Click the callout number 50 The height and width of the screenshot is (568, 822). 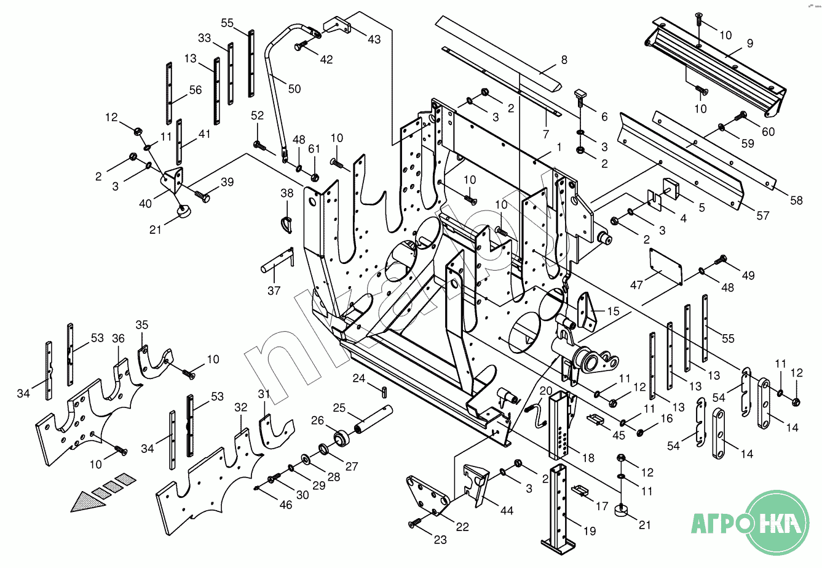point(294,89)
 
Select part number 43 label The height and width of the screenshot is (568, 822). point(374,39)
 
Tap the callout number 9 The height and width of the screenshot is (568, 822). point(749,43)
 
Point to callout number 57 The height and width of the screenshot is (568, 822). point(763,216)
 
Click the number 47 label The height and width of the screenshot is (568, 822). point(636,286)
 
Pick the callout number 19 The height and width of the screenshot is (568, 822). point(589,530)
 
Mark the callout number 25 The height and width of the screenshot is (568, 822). point(339,407)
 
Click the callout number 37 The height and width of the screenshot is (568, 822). point(274,290)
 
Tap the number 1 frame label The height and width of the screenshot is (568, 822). point(559,147)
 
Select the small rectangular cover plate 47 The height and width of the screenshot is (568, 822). point(665,266)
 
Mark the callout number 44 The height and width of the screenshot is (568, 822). point(507,510)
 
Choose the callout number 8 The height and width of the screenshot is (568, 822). point(564,60)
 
